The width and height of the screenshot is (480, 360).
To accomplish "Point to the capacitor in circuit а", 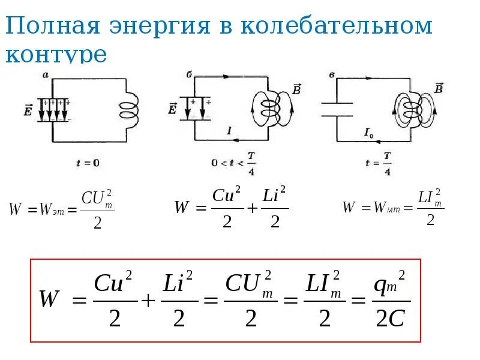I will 53,110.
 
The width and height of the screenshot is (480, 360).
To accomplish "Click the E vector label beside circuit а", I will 29,109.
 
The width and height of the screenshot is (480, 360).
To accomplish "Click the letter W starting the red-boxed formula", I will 49,298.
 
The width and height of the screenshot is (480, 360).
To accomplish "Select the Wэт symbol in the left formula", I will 50,209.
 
